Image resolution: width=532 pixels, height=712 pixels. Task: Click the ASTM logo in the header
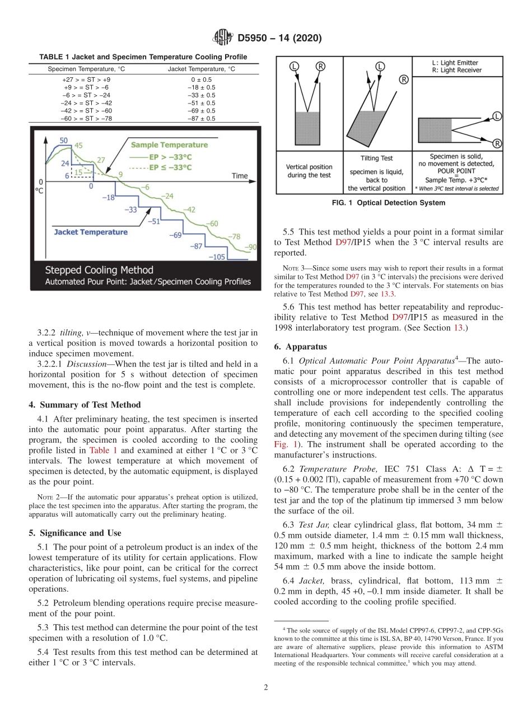click(x=223, y=38)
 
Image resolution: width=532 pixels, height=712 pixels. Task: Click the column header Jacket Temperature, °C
click(x=202, y=69)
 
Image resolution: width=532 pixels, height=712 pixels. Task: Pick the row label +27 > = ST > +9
click(x=87, y=79)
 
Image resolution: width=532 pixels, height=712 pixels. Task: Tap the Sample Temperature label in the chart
click(x=169, y=145)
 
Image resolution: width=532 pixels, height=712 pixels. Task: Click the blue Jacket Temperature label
click(x=91, y=232)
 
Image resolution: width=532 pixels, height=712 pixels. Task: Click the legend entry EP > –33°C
click(x=171, y=156)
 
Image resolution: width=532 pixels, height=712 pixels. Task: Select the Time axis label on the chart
click(x=239, y=176)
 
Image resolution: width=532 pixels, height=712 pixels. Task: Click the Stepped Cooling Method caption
click(x=99, y=270)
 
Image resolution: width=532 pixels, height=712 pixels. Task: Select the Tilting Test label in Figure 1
click(x=376, y=158)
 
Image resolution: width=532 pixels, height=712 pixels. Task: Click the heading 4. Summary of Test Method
click(x=85, y=405)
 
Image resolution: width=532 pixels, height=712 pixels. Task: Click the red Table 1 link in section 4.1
click(x=102, y=450)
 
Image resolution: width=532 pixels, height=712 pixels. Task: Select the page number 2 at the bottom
click(x=266, y=687)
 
